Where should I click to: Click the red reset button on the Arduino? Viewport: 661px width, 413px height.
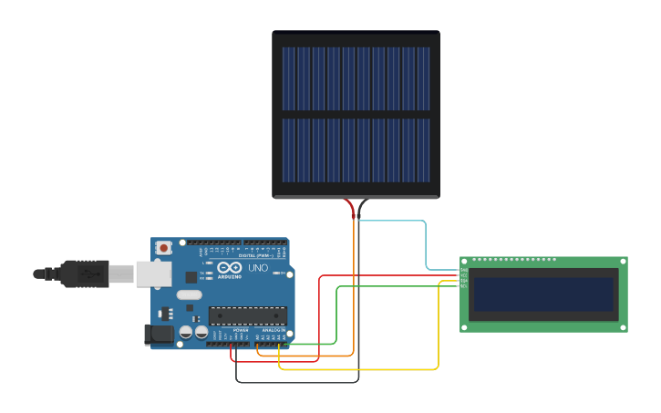163,247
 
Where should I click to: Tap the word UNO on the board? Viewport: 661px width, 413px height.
258,268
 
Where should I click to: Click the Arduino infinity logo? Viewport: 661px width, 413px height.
227,267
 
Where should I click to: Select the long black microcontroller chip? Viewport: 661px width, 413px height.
247,315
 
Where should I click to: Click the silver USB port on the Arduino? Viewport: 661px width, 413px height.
153,273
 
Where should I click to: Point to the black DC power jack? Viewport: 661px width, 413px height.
160,335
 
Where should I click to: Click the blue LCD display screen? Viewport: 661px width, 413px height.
543,294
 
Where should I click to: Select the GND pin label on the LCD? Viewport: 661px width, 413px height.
463,270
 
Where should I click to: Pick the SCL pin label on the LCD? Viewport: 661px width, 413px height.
463,286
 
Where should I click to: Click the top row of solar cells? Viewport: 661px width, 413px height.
356,78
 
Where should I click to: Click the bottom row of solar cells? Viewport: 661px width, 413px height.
356,150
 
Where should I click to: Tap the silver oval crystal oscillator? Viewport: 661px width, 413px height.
189,294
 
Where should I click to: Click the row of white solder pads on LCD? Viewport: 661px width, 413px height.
514,260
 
